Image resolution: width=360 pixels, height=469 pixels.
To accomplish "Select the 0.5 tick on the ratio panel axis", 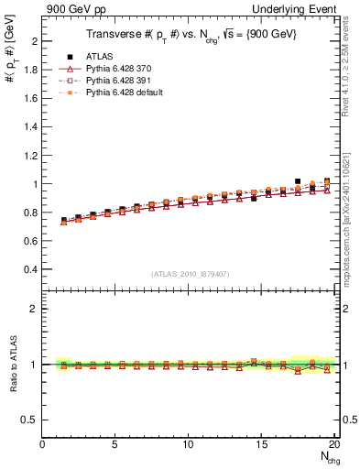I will point(29,420).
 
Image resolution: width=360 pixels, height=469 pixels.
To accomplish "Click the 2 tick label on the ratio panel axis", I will point(34,309).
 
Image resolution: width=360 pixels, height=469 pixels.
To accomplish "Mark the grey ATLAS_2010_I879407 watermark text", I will point(190,274).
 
